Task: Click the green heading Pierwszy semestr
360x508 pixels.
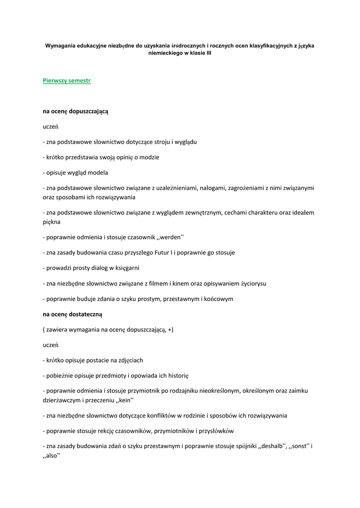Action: click(67, 80)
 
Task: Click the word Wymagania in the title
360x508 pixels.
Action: click(60, 46)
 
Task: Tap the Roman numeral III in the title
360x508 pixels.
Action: click(209, 53)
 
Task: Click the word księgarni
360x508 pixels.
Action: click(127, 268)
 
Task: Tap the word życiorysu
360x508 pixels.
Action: click(253, 283)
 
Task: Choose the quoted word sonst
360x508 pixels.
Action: click(301, 445)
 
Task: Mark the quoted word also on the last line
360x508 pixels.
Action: click(52, 455)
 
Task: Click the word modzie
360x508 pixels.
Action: click(148, 157)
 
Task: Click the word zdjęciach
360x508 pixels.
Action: click(130, 360)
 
